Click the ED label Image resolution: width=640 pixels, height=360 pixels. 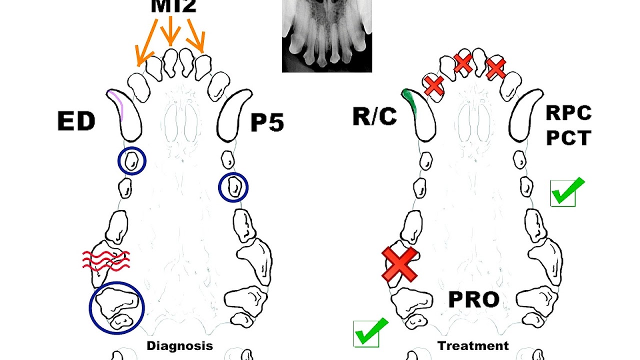click(x=76, y=121)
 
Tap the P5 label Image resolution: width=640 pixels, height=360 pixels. click(x=267, y=122)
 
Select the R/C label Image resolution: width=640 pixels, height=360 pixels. click(x=374, y=116)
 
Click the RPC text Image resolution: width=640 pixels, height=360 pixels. click(x=568, y=113)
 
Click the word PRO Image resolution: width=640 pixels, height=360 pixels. click(x=473, y=299)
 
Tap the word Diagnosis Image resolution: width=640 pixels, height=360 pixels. click(x=179, y=345)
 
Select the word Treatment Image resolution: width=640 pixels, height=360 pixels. click(x=473, y=345)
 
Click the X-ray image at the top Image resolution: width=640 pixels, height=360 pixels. click(x=326, y=35)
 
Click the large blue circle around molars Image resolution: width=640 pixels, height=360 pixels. click(x=116, y=308)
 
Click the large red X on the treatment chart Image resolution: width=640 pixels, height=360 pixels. click(x=399, y=264)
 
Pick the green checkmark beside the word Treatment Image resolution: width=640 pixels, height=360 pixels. click(x=370, y=331)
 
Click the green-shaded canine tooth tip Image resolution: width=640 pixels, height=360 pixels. click(x=409, y=99)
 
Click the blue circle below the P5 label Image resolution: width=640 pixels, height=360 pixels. click(x=233, y=187)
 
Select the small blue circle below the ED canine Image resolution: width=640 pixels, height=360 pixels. click(x=132, y=161)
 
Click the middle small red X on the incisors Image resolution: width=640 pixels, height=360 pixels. click(x=463, y=62)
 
